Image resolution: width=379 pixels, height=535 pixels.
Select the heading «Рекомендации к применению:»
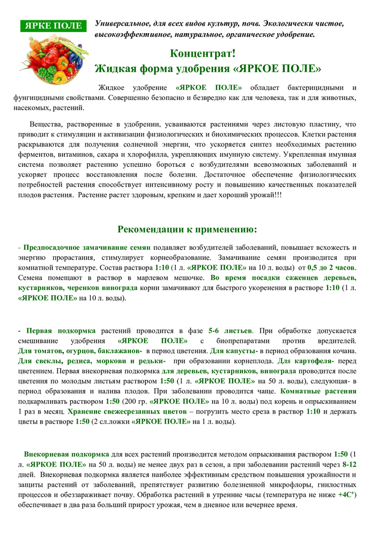(187, 230)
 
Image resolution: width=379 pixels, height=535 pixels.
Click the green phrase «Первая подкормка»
(61, 331)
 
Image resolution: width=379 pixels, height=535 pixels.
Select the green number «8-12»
(349, 463)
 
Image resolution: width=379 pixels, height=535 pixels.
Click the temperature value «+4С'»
(347, 495)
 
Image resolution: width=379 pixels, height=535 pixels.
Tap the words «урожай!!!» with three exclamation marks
(264, 195)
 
